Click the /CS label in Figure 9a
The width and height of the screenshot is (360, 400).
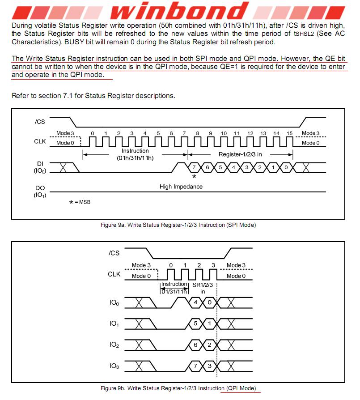39,121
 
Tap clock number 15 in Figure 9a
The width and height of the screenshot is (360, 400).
290,133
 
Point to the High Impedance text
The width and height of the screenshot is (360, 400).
181,187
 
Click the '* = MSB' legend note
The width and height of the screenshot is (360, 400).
80,202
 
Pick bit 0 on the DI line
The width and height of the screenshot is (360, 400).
286,167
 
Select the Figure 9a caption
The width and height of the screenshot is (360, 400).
178,225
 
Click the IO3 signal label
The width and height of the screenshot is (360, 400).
114,366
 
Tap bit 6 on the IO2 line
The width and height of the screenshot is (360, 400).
195,345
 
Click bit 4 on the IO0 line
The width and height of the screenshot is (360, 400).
195,303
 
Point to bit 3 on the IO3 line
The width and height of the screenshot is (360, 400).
209,366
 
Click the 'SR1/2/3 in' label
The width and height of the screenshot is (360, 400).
203,288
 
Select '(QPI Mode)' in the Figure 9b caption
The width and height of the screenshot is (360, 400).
241,388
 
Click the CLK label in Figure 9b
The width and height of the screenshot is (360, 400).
114,274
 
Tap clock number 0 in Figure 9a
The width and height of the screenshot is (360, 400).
93,133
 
